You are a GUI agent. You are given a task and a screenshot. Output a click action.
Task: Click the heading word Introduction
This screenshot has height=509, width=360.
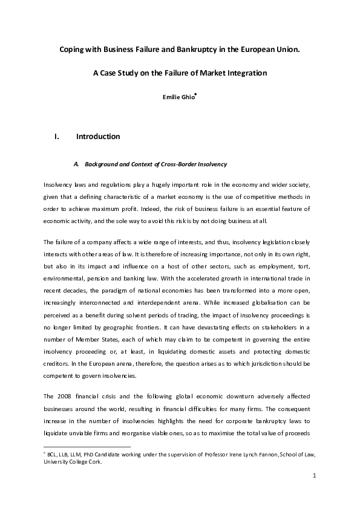98,137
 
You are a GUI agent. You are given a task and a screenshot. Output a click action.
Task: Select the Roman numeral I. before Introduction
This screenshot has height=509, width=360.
57,137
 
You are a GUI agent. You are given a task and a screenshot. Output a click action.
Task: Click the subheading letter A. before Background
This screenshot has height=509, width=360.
76,164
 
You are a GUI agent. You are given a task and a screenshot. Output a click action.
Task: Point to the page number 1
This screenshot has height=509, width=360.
315,476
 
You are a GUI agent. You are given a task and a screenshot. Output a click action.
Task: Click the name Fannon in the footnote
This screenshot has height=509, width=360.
255,453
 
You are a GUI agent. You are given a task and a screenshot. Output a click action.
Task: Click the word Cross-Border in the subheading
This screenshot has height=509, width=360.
189,164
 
